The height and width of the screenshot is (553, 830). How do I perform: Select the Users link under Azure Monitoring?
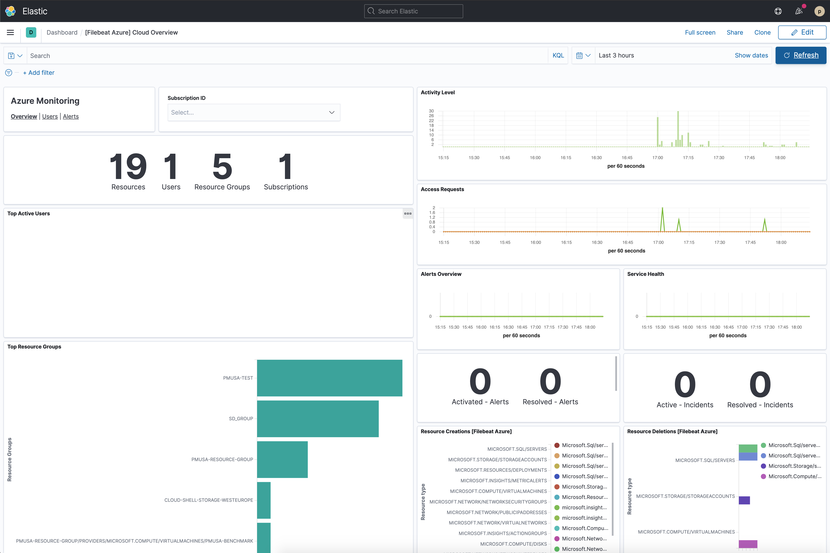click(50, 116)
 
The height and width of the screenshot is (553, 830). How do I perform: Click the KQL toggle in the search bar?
click(558, 55)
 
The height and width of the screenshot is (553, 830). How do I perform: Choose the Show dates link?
click(751, 55)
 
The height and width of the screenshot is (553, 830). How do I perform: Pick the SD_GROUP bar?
click(318, 419)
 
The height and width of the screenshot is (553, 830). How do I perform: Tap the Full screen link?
click(700, 32)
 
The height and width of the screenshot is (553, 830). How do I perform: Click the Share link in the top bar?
click(735, 32)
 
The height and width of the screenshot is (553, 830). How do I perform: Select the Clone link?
click(762, 32)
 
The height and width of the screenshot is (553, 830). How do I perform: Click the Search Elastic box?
click(413, 11)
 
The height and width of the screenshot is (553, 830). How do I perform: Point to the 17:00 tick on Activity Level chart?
click(657, 158)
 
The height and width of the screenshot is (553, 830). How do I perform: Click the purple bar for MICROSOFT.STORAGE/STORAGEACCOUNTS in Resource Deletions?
click(744, 500)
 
